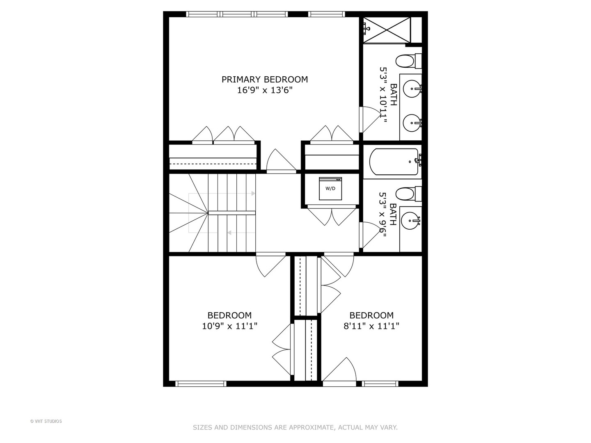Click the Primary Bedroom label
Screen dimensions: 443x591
(x=265, y=79)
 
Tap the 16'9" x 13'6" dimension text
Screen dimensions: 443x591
(x=265, y=90)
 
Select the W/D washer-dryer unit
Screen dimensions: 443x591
(x=330, y=189)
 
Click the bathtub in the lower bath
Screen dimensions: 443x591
(x=393, y=162)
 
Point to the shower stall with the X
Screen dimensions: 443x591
(x=387, y=30)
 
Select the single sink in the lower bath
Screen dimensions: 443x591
(x=410, y=221)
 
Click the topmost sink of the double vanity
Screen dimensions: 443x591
(x=411, y=88)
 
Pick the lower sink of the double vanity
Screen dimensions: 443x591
(x=411, y=122)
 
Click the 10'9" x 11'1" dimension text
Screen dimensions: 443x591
(x=229, y=327)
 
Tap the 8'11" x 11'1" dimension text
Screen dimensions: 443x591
(x=371, y=327)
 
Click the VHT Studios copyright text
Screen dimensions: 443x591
(x=46, y=421)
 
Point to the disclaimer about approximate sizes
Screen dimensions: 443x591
(x=295, y=427)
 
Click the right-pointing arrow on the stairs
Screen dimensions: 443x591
(x=253, y=193)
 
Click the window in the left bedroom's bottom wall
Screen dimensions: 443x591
(x=201, y=384)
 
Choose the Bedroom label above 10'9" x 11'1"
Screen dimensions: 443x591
(x=229, y=315)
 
